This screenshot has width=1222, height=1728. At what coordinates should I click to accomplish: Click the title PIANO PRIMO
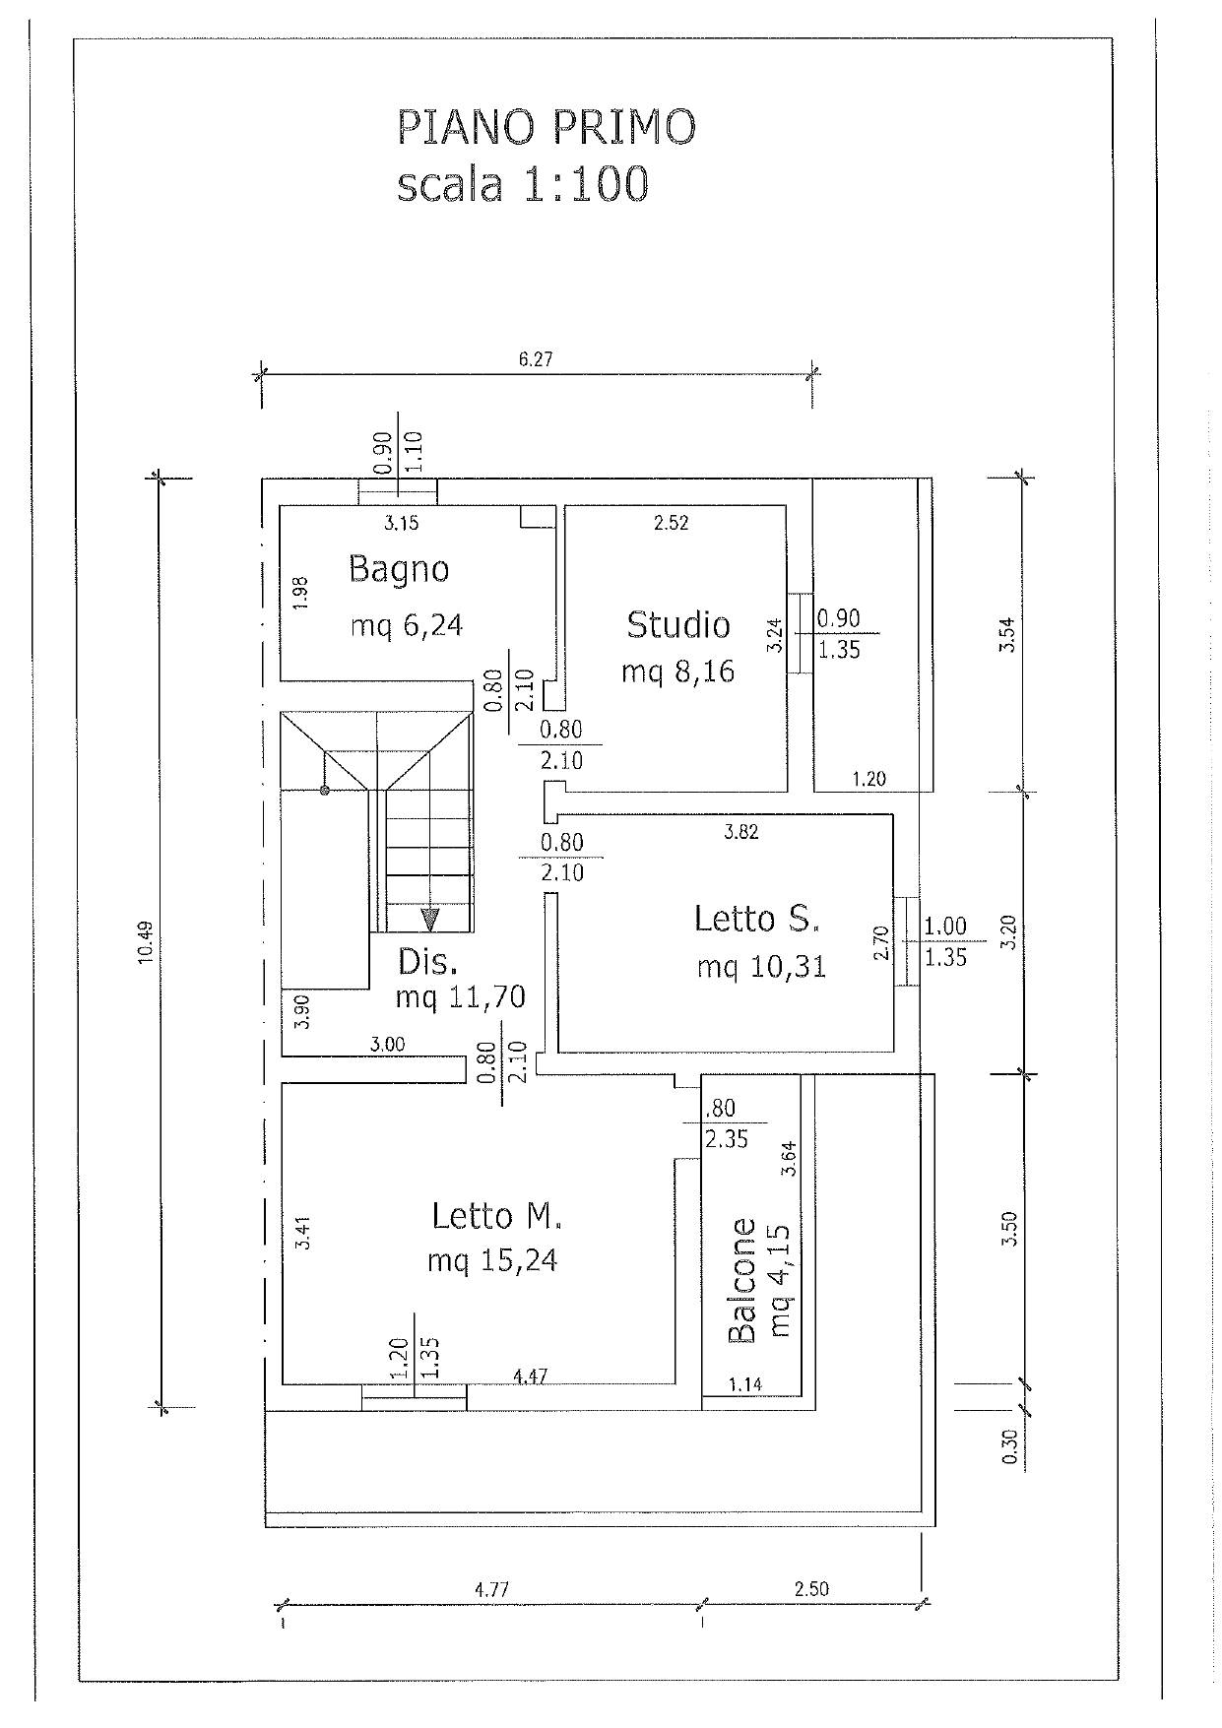[547, 128]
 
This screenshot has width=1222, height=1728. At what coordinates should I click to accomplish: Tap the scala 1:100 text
[523, 184]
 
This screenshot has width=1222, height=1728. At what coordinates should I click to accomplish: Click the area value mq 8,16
[677, 673]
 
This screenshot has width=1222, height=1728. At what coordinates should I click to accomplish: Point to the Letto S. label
[756, 919]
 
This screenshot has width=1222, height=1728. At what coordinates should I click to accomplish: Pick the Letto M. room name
[496, 1217]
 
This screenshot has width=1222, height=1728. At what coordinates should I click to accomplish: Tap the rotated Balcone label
[741, 1281]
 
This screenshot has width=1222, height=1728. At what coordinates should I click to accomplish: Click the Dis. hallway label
[427, 962]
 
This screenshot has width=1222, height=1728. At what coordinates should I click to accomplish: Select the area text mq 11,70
[460, 997]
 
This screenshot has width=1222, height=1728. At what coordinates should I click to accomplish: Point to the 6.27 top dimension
[536, 359]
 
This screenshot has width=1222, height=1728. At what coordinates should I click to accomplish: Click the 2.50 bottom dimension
[811, 1589]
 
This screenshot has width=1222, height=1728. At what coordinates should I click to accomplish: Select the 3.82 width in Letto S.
[740, 832]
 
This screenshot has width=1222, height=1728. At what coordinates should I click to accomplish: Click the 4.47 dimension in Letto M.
[531, 1376]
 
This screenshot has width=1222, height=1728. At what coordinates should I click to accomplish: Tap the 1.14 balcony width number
[744, 1384]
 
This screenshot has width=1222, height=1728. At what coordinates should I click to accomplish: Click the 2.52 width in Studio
[671, 523]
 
